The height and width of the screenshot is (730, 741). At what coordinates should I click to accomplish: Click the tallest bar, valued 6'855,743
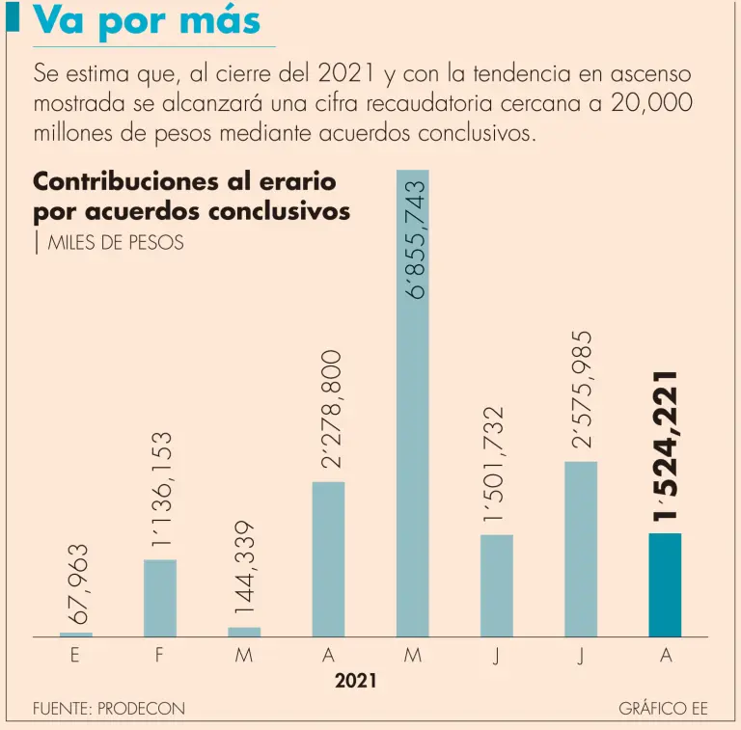[412, 405]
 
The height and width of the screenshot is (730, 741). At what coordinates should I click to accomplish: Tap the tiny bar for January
[76, 635]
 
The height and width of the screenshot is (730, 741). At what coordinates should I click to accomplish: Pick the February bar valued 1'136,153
[160, 598]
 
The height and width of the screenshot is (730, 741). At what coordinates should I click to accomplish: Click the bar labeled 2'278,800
[328, 559]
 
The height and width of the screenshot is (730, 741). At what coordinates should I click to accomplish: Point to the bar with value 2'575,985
[581, 549]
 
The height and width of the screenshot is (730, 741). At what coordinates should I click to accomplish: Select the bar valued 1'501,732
[496, 585]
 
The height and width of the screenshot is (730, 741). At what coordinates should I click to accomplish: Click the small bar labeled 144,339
[244, 632]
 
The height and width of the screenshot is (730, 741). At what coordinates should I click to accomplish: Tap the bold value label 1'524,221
[665, 446]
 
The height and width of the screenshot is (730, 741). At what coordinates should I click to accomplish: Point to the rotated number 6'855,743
[415, 238]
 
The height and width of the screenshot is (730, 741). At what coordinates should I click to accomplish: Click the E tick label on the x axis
[75, 656]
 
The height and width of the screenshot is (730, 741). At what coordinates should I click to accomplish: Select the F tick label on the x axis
[160, 656]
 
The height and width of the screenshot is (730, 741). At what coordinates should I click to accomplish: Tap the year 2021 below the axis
[355, 682]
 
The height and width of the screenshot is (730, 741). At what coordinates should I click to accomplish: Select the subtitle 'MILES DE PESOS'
[115, 243]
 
